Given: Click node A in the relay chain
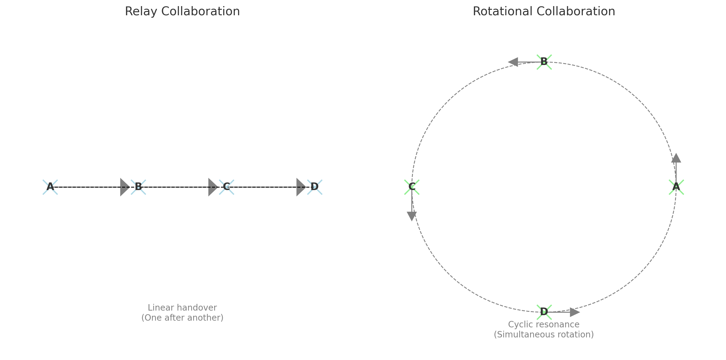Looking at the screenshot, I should pos(50,187).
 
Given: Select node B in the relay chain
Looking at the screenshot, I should pos(138,187).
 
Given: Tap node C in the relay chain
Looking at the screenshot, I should pos(226,187).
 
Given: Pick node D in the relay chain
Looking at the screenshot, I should pos(315,187).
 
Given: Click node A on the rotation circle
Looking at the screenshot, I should pos(676,187).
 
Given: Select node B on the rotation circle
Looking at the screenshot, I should pos(544,62).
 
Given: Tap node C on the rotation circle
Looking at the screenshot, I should pos(412,187).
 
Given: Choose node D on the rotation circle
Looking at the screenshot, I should pos(544,312).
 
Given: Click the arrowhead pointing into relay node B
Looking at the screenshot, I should pos(124,187).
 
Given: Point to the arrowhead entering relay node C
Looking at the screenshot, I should pos(212,187).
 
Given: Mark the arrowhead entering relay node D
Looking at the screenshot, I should pos(301,187).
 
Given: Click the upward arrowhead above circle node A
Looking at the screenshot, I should pos(676,158).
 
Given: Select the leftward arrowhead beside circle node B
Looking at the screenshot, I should pos(513,62).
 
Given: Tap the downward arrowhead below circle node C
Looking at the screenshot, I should pos(412,216).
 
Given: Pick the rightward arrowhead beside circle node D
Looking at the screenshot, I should pos(574,312).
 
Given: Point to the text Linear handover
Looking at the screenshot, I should pos(182,308).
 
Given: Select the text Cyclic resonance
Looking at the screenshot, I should pos(544,324).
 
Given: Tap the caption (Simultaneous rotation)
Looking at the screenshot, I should pos(544,335).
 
